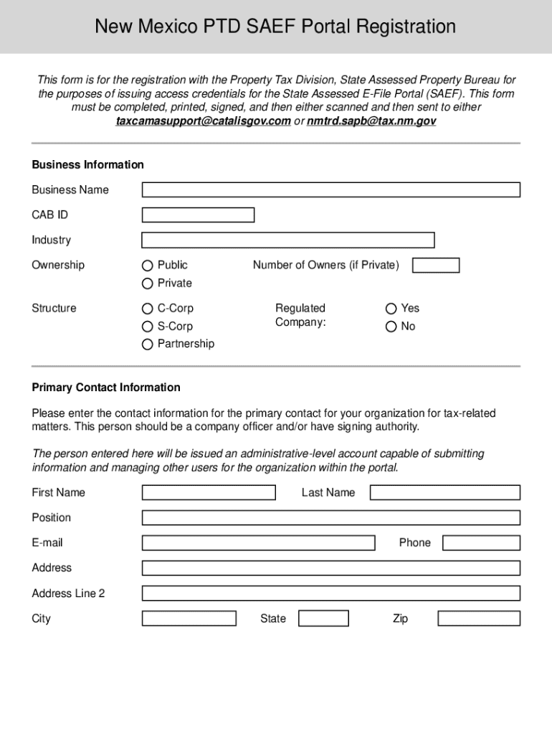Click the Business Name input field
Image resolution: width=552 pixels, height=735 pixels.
(x=330, y=189)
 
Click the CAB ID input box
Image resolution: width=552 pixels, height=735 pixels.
(x=198, y=215)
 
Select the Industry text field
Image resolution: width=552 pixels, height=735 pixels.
(x=287, y=240)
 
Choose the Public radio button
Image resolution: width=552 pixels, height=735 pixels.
(x=148, y=265)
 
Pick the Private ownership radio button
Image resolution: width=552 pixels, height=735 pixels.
(x=148, y=283)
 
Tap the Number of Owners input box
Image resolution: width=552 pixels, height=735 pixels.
(x=436, y=265)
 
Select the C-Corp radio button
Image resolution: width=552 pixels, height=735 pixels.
(x=148, y=309)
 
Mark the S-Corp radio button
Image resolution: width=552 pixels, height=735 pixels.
(x=148, y=327)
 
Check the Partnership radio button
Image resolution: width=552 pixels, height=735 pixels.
(x=148, y=345)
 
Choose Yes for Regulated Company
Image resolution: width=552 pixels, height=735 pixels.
(x=391, y=309)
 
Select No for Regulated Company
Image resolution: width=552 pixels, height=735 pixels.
(x=391, y=327)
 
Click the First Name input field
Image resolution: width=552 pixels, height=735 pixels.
(x=209, y=492)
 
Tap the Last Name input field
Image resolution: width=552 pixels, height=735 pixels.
(x=444, y=492)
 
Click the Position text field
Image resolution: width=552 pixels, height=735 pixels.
(x=330, y=518)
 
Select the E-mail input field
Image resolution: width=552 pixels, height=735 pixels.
(x=258, y=543)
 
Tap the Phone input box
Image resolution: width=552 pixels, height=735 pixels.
(x=481, y=543)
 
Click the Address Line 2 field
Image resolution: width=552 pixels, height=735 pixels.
(x=330, y=593)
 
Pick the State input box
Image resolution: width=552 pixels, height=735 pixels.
(x=323, y=618)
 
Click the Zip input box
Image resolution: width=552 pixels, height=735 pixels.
(x=479, y=618)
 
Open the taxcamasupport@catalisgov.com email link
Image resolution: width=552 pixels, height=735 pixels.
(x=204, y=121)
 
